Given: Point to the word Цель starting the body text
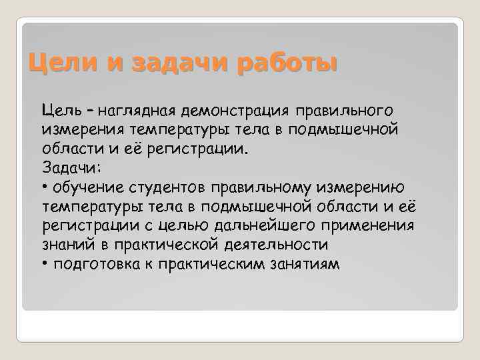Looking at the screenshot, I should (x=61, y=109).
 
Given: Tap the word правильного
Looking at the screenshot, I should (x=345, y=109).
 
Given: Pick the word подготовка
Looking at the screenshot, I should (x=97, y=264).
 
